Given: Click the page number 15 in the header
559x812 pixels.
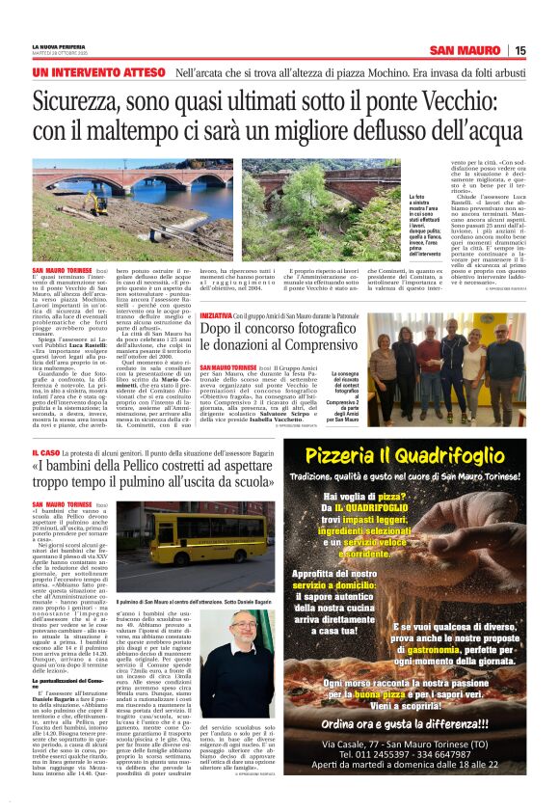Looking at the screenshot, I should (519, 50).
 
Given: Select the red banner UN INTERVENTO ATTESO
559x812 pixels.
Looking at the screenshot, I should (98, 72).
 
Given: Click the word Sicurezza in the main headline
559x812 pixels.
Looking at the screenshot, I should (91, 100).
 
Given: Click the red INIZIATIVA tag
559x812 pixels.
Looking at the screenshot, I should (217, 316).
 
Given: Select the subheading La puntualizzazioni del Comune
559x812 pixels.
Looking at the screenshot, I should (59, 683).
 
